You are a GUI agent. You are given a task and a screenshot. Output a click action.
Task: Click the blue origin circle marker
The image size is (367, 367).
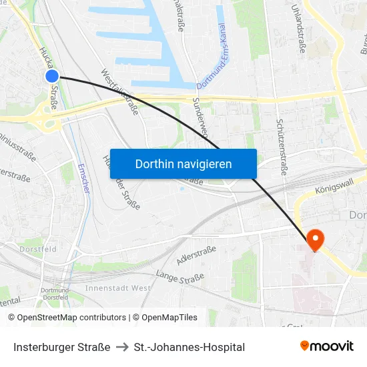coord(52,77)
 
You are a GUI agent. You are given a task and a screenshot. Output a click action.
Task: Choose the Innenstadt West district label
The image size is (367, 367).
coord(118,288)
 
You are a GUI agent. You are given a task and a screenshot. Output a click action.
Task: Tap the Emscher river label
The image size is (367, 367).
coord(84,179)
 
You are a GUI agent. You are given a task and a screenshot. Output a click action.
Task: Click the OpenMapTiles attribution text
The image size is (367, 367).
coord(169,318)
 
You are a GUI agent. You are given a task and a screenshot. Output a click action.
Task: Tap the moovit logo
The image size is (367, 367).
coord(327,346)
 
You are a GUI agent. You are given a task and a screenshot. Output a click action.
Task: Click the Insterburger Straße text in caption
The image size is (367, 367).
coord(61,347)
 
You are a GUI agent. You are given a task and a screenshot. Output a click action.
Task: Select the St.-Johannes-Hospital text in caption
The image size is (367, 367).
coord(190,347)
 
